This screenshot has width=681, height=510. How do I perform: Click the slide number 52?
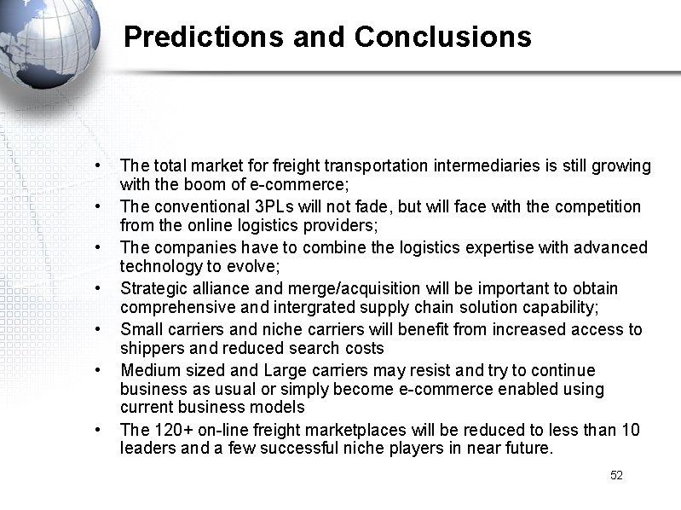616,475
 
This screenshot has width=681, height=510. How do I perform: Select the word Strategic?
153,288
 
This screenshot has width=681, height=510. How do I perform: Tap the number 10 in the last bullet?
631,429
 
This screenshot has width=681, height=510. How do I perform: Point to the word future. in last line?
528,448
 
